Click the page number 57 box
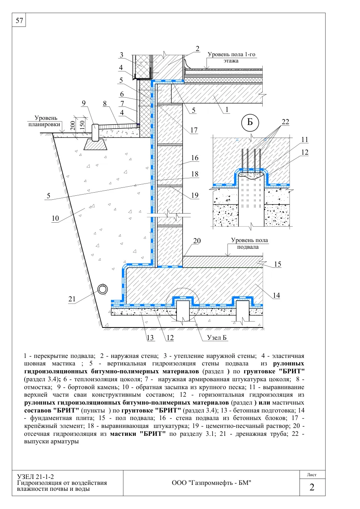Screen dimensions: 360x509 tap(19, 20)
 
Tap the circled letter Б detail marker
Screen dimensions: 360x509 tap(250, 122)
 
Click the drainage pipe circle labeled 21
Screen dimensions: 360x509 tap(102, 290)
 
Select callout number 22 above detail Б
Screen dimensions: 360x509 tap(285, 122)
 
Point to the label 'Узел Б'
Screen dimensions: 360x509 tap(217, 337)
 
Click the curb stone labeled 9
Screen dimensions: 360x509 tap(95, 132)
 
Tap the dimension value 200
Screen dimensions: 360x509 tap(73, 125)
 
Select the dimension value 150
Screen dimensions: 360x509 tap(82, 125)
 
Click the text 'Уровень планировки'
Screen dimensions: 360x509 tap(44, 121)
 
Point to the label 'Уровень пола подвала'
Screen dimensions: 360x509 tap(249, 243)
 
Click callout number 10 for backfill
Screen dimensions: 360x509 tap(55, 218)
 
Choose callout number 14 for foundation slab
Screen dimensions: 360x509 tap(276, 295)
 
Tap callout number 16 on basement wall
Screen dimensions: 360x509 tap(195, 158)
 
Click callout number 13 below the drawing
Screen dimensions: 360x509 tap(150, 338)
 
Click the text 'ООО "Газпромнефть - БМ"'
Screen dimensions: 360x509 tap(211, 483)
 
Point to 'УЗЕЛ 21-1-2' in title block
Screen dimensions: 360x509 tap(36, 477)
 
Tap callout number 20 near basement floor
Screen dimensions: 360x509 tap(197, 240)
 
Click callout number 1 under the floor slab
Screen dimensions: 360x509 tap(227, 110)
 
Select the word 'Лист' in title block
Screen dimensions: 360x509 tap(312, 475)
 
